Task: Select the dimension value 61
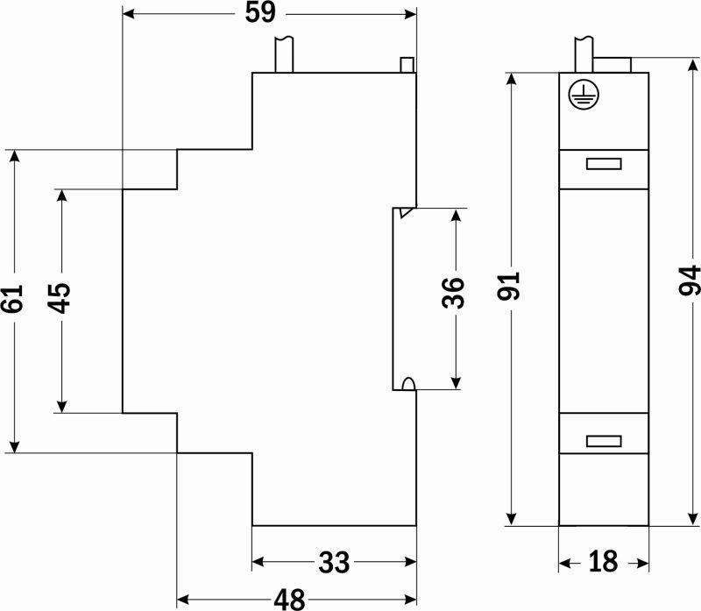[12, 301]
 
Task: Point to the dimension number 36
[454, 293]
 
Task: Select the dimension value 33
[334, 562]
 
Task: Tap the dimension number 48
[289, 600]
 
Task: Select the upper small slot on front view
[604, 163]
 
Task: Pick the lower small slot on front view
[604, 440]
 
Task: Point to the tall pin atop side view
[284, 54]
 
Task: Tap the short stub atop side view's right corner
[406, 65]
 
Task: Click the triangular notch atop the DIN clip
[404, 213]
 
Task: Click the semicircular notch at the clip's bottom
[407, 383]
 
